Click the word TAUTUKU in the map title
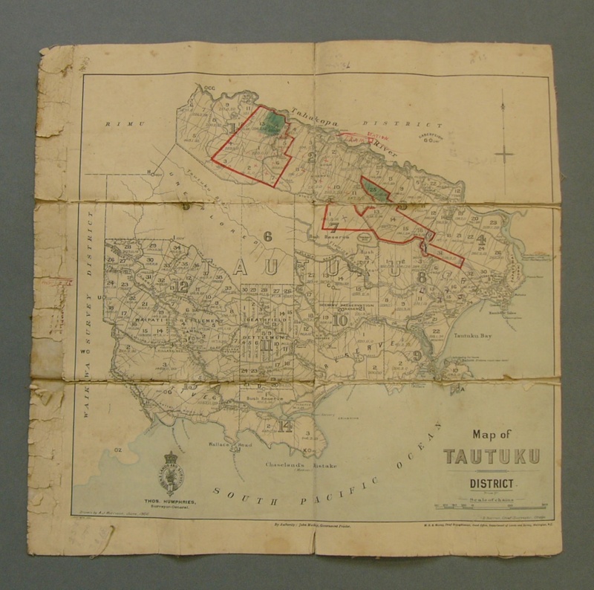click(492, 456)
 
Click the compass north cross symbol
click(503, 155)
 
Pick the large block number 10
click(340, 320)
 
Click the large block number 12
click(183, 285)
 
